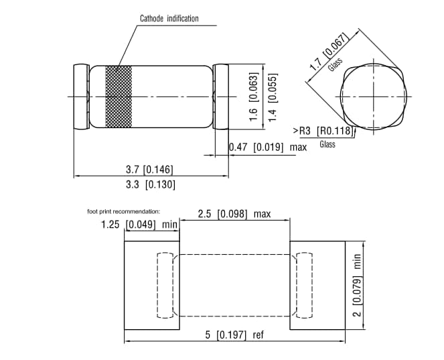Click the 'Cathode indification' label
(169, 18)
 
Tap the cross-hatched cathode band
(119, 97)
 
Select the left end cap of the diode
(80, 97)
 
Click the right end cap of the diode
(220, 97)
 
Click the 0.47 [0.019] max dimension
(267, 147)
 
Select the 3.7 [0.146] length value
(149, 169)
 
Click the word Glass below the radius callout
(327, 145)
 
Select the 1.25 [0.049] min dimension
(139, 224)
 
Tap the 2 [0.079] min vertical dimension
(357, 286)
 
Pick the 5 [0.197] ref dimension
(234, 335)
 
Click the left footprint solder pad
(153, 286)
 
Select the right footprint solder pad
(317, 286)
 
